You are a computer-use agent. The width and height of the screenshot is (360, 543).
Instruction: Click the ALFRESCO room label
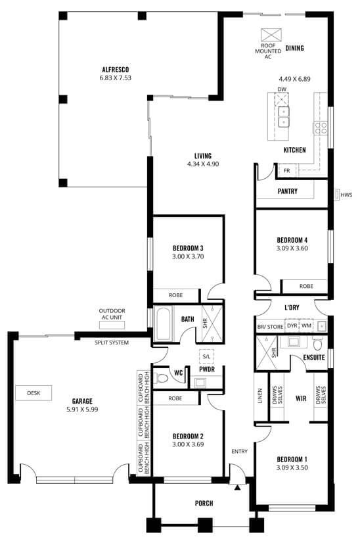click(x=115, y=70)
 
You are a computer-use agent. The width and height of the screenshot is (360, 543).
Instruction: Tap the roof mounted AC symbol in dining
click(x=271, y=35)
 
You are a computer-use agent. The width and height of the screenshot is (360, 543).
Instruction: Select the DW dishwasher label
click(x=282, y=89)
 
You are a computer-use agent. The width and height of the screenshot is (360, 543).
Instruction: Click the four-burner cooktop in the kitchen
click(x=320, y=128)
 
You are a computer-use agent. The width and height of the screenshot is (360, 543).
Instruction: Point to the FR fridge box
click(x=287, y=170)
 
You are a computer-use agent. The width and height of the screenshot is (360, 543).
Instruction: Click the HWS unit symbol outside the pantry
click(x=337, y=195)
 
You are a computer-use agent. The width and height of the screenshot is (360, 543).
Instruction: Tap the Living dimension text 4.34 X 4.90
click(x=203, y=164)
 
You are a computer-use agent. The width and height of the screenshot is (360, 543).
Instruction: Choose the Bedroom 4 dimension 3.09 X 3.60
click(x=292, y=248)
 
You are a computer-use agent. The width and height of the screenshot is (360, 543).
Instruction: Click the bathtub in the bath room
click(x=163, y=322)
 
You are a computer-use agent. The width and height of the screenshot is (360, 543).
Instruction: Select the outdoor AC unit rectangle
click(x=112, y=325)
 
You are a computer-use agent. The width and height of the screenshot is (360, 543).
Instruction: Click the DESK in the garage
click(x=34, y=393)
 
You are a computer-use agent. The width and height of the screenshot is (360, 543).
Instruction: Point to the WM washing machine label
click(x=306, y=326)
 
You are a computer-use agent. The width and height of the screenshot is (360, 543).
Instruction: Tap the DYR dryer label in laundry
click(x=292, y=326)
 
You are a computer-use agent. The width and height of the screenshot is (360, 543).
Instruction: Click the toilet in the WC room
click(x=160, y=378)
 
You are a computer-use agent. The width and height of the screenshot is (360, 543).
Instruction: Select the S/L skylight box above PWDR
click(x=206, y=356)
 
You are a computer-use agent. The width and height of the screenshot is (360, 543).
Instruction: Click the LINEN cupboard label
click(x=260, y=396)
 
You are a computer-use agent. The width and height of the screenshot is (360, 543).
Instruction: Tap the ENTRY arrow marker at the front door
click(x=237, y=488)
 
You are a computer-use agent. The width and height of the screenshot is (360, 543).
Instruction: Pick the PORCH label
click(x=204, y=503)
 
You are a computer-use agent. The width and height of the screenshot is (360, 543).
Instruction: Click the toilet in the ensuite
click(x=317, y=344)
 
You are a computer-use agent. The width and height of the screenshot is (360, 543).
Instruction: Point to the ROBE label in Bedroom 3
click(x=176, y=295)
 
